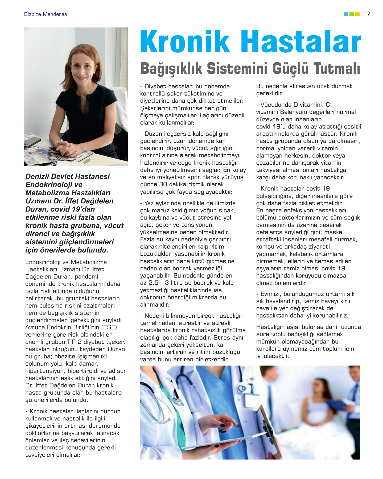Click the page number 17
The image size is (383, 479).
[x=366, y=14]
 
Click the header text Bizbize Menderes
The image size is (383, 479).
[x=46, y=14]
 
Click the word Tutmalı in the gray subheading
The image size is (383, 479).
[x=337, y=68]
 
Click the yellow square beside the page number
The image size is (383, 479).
[x=357, y=14]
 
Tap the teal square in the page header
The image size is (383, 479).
[x=346, y=14]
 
